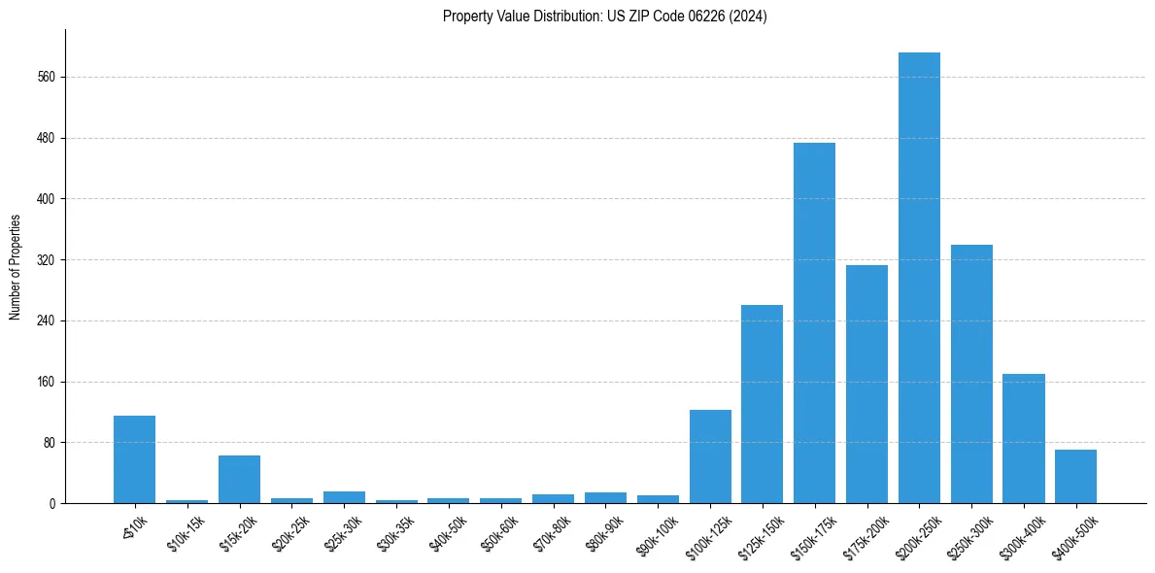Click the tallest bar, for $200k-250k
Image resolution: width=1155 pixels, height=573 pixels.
919,278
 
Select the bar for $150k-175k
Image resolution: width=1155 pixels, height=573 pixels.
814,322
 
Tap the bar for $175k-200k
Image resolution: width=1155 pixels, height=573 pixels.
866,384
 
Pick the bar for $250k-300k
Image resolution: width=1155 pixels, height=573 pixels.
971,374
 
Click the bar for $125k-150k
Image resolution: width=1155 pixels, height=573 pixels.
762,404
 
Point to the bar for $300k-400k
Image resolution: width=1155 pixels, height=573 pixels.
1024,438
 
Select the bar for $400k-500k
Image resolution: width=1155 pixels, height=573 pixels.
1075,476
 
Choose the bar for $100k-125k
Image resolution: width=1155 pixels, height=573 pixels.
710,456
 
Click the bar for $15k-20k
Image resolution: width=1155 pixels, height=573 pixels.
239,479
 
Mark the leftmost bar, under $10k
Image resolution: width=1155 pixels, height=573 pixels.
134,459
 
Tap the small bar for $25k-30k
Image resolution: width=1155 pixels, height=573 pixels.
344,497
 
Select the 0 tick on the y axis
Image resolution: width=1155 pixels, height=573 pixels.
53,503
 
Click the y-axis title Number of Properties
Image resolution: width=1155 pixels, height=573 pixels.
16,267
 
